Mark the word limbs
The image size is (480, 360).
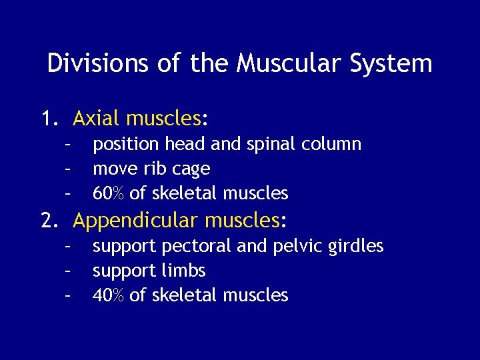(x=183, y=271)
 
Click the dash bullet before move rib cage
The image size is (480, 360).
(x=67, y=169)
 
